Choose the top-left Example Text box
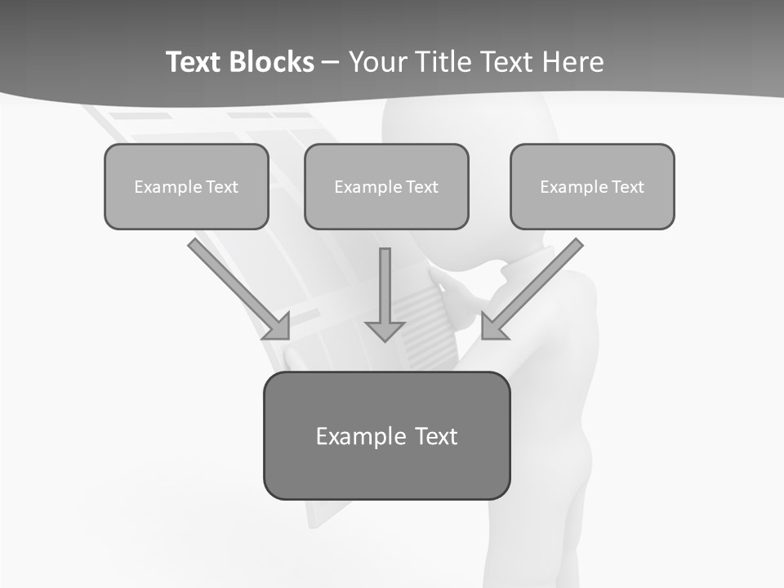(x=186, y=186)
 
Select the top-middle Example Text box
(x=386, y=186)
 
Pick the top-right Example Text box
(x=592, y=186)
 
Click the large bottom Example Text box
(x=386, y=435)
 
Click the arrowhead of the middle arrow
(x=385, y=330)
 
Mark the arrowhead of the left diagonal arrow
(x=278, y=327)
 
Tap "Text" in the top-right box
(x=628, y=187)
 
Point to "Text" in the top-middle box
(x=422, y=187)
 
